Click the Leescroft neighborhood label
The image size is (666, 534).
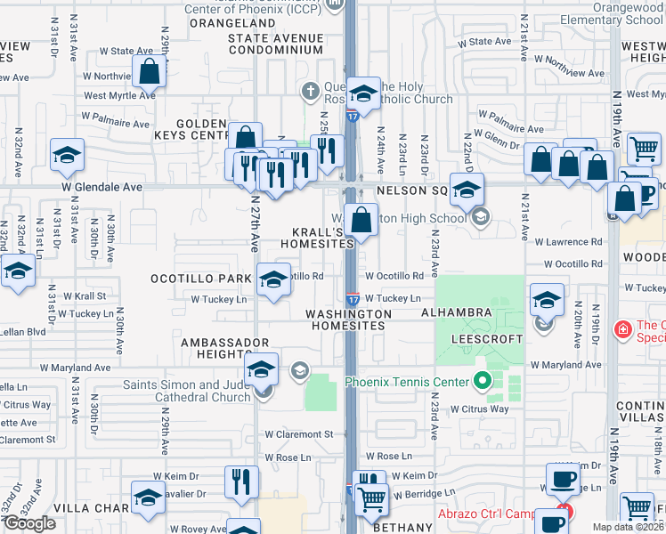[x=485, y=339]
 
